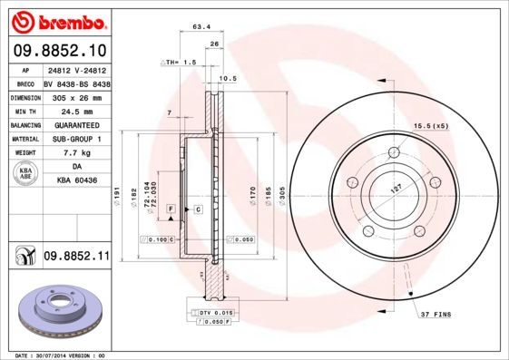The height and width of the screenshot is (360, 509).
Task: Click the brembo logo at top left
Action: point(56,21)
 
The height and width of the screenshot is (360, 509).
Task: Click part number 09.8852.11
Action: point(76,258)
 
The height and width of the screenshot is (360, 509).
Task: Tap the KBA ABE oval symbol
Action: point(27,175)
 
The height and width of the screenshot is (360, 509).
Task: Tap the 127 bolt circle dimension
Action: point(396,190)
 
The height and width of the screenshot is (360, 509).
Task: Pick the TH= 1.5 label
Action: point(179,62)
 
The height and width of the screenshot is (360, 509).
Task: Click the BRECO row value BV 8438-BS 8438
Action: point(77,82)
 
